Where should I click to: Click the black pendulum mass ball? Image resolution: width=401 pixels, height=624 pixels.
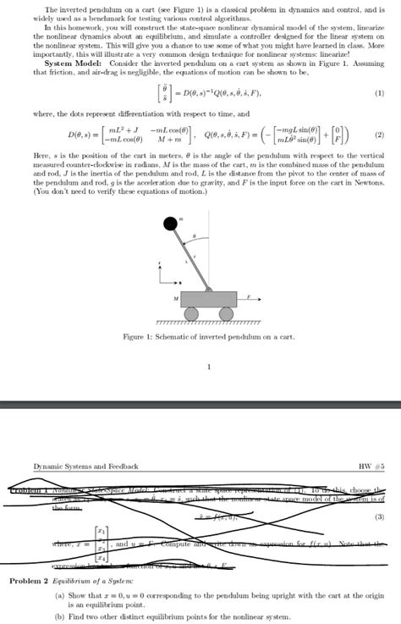point(171,223)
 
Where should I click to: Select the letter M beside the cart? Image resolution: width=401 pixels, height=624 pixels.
point(175,299)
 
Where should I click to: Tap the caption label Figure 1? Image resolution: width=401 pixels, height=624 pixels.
point(143,338)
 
